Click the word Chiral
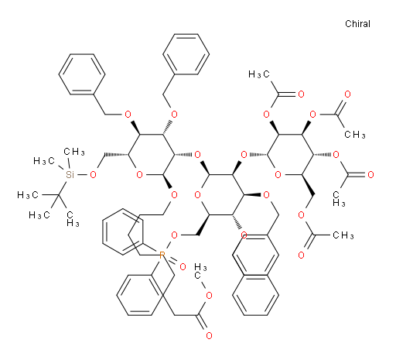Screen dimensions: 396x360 tap(357, 24)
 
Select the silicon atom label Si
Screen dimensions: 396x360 tap(70, 175)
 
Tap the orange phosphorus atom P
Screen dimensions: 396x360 tap(162, 255)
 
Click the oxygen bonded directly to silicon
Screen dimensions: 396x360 tap(93, 175)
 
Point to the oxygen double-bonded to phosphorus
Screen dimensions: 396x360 tap(183, 267)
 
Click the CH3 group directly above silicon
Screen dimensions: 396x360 tap(74, 152)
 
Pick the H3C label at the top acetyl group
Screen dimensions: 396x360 tap(259, 74)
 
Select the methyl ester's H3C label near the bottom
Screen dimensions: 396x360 tap(200, 271)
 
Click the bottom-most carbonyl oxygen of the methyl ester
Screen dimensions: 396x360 tap(209, 335)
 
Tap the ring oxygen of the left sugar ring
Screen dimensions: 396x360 tap(139, 175)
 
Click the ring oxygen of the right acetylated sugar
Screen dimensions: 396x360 tap(278, 175)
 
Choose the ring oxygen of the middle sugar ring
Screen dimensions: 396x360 tap(198, 195)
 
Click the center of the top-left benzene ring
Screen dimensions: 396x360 tap(82, 74)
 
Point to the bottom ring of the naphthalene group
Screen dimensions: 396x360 tap(255, 295)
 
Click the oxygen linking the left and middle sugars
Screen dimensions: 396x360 tap(198, 155)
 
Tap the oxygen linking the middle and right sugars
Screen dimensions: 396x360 tap(244, 155)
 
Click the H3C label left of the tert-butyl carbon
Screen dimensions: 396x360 tap(28, 195)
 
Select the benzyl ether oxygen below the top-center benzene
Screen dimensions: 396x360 tap(174, 115)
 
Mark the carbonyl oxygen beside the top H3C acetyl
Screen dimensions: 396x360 tap(301, 94)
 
